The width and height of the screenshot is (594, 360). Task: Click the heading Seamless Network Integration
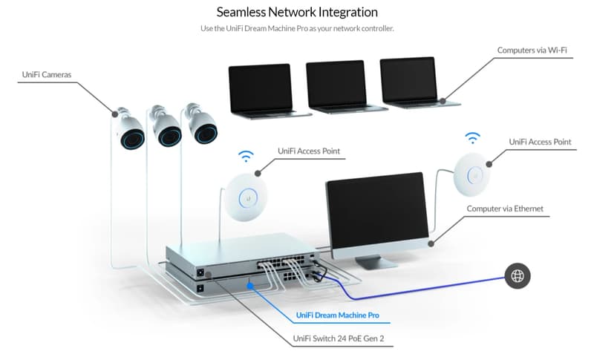297,13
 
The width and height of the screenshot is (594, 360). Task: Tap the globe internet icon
517,276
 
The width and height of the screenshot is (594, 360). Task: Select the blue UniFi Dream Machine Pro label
337,315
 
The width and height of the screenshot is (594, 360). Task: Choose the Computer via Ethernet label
505,209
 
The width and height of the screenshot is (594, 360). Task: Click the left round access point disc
244,195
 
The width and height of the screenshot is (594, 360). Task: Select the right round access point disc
472,172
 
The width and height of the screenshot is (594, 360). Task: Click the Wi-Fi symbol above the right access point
472,137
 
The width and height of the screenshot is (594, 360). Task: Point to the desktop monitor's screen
376,212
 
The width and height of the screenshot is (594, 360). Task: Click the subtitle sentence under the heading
297,28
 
